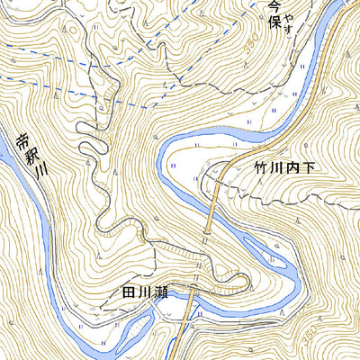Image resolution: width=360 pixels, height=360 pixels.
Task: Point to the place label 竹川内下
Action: pyautogui.click(x=272, y=167)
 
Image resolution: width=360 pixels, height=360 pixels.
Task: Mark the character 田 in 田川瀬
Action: pyautogui.click(x=128, y=292)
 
